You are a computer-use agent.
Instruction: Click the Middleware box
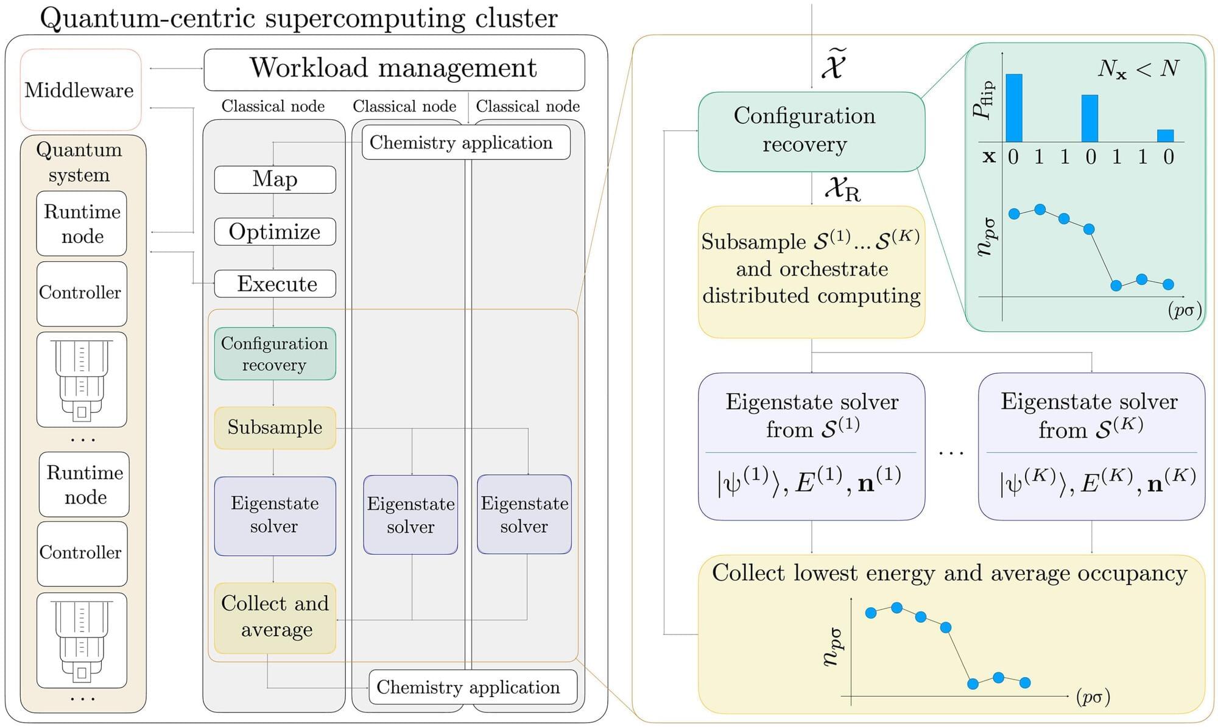tap(80, 90)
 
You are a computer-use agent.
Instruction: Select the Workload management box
tap(393, 69)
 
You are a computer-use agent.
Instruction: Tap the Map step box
tap(275, 180)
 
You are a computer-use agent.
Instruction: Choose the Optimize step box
tap(275, 232)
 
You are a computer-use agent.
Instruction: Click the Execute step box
tap(275, 284)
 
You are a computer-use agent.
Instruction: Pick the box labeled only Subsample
tap(275, 427)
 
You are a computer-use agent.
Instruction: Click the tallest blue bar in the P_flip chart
tap(1013, 108)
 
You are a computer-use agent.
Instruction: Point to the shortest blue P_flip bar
tap(1165, 136)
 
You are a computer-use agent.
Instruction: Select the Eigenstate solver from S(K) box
tap(1091, 446)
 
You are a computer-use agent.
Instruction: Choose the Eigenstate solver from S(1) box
tap(811, 446)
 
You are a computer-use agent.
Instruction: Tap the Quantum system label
tap(79, 162)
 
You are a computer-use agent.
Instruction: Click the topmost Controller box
tap(81, 293)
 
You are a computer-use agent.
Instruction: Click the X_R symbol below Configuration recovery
tap(842, 189)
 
